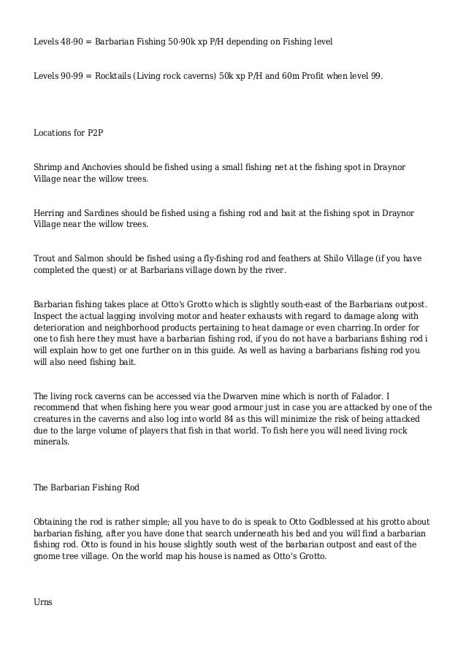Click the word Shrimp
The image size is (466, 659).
[50, 168]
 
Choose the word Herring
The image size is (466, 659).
[51, 212]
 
